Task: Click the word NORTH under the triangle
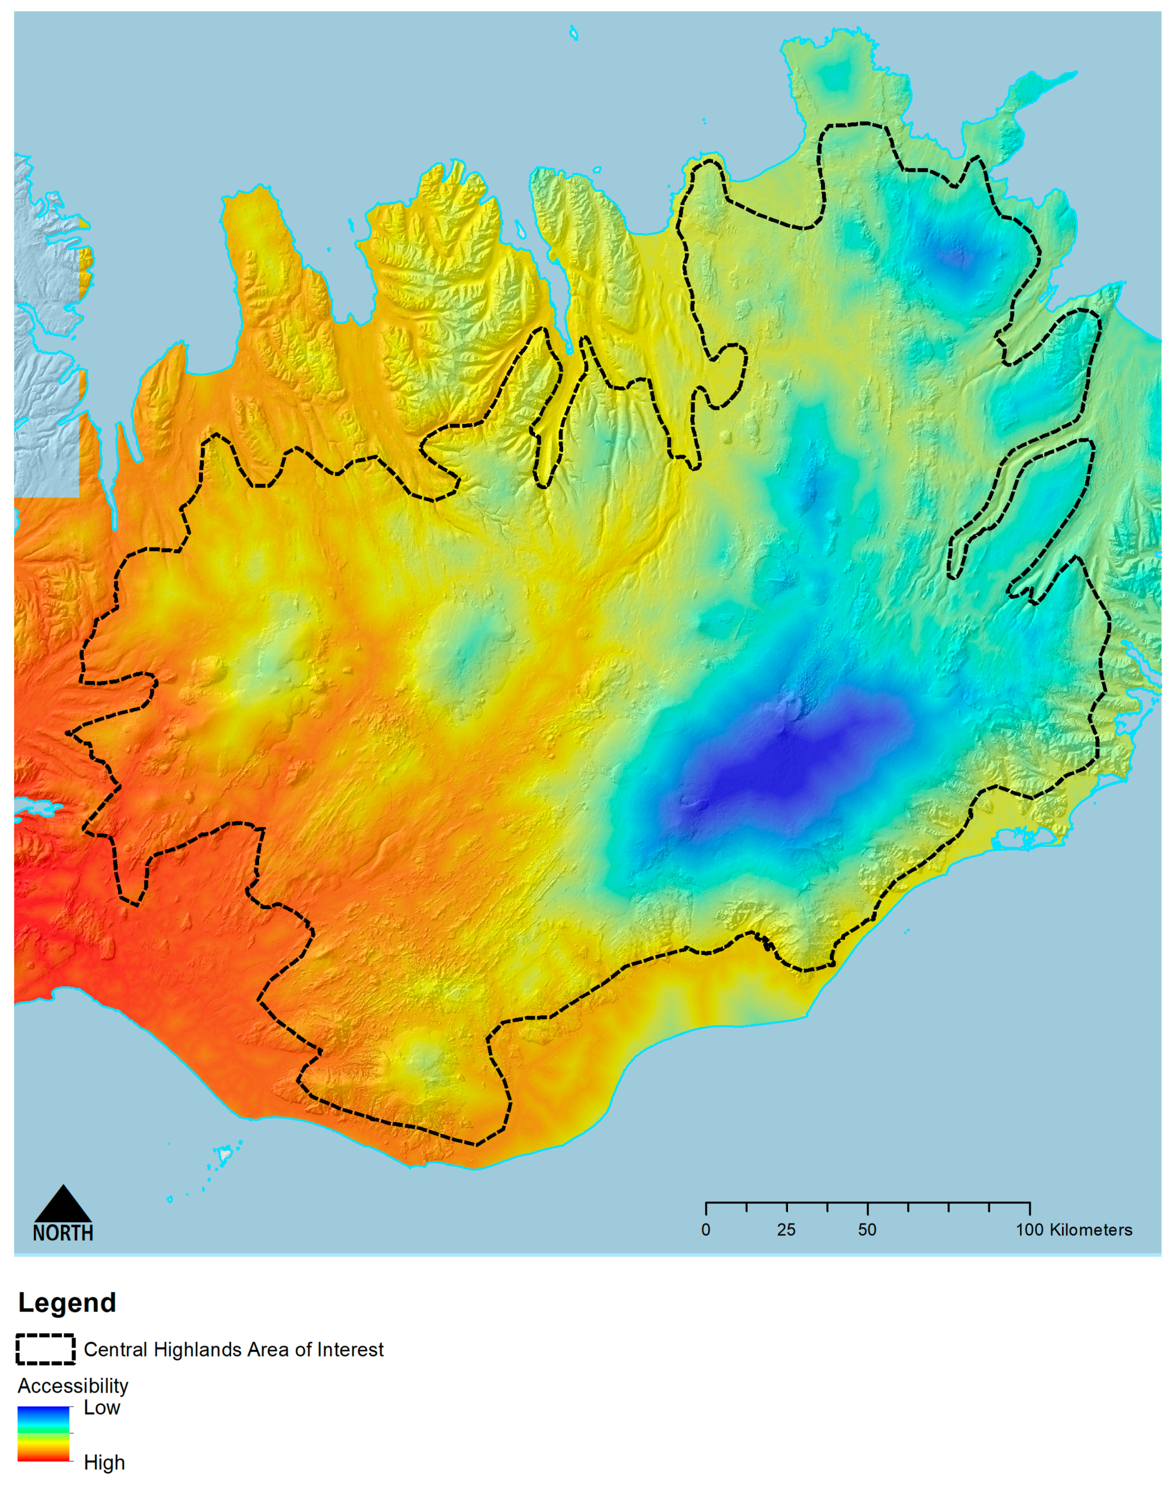(62, 1232)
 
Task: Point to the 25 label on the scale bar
(786, 1230)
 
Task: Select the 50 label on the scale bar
(867, 1230)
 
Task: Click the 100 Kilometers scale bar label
(1073, 1230)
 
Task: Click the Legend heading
(67, 1303)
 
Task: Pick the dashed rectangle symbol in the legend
(46, 1349)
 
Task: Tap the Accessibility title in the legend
(73, 1385)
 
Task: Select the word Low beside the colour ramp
(102, 1408)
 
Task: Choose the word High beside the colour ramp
(104, 1463)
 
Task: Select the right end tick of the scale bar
(1029, 1209)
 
